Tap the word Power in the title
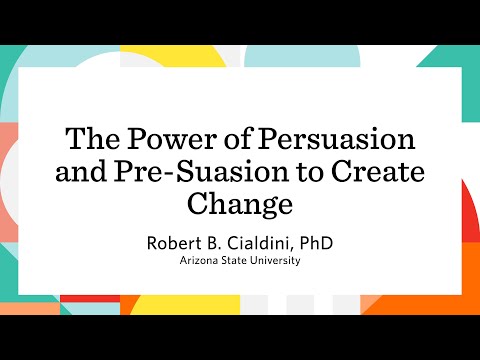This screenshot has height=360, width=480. point(162,137)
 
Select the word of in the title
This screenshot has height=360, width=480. point(227,137)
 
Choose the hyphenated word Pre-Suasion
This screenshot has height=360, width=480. point(193,171)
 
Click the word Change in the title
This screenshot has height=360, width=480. point(240,205)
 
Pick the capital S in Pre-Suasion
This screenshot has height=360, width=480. point(183,171)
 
